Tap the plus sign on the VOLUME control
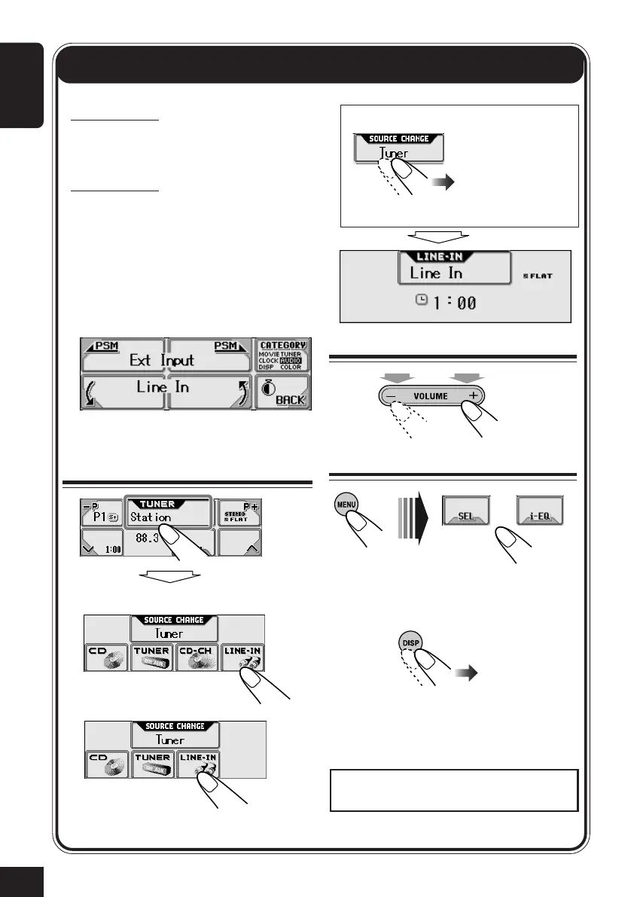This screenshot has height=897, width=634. (x=474, y=395)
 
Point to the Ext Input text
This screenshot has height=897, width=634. (x=163, y=359)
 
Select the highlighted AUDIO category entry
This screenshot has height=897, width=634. (x=290, y=360)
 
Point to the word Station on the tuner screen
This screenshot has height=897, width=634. (x=151, y=517)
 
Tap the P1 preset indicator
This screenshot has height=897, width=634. (x=95, y=517)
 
